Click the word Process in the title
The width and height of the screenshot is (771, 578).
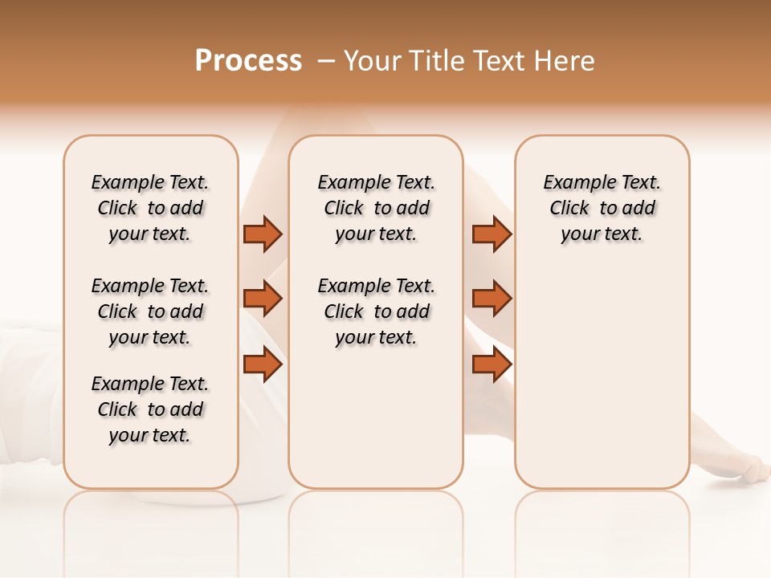[x=248, y=61]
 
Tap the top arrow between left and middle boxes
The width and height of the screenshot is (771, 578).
[x=263, y=234]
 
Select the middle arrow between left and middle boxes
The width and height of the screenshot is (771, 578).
[x=263, y=299]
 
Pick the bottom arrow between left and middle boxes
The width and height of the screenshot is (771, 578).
[x=263, y=364]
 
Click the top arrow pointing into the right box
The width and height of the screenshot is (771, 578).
[x=492, y=234]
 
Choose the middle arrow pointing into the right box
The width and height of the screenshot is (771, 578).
[x=492, y=299]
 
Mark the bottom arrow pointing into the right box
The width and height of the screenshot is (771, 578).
[x=492, y=364]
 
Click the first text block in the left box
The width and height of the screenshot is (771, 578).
[x=150, y=208]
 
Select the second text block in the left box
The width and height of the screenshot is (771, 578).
[x=150, y=311]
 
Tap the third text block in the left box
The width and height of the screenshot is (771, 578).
[x=150, y=409]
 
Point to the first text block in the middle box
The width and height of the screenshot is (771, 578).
[x=376, y=208]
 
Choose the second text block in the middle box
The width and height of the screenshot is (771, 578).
[x=376, y=311]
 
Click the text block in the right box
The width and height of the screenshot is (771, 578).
[x=602, y=208]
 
